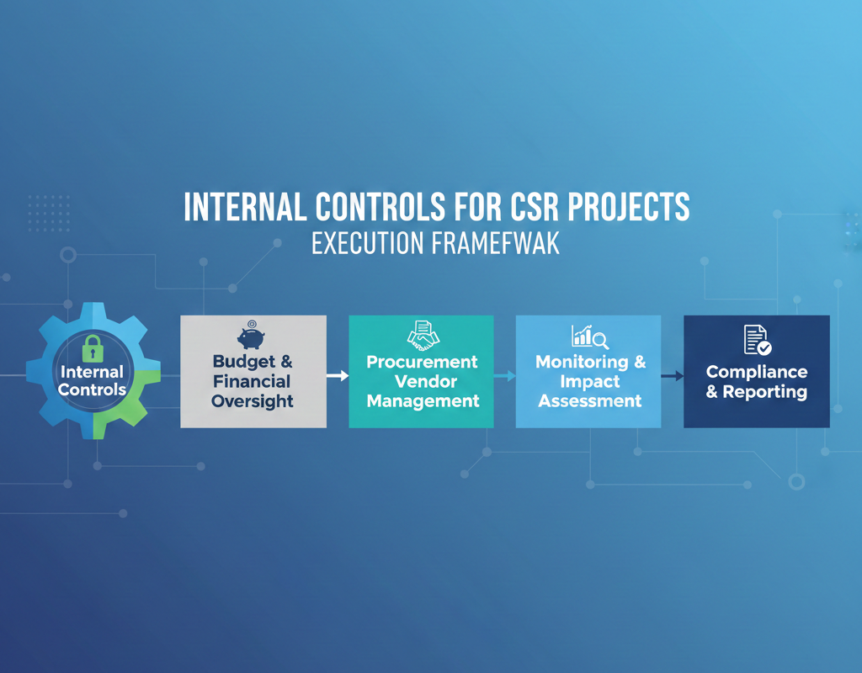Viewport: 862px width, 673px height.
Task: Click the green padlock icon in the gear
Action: tap(93, 349)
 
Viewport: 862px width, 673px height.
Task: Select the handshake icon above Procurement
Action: tap(423, 336)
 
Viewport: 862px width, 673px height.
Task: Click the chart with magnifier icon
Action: tap(590, 336)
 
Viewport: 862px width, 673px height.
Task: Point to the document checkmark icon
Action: tap(758, 340)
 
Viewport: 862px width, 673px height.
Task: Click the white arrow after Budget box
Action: tap(338, 376)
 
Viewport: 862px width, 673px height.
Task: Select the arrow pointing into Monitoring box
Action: tap(505, 376)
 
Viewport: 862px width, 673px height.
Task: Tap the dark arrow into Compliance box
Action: tap(673, 376)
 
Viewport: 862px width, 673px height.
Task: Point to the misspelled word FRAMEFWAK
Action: tap(496, 243)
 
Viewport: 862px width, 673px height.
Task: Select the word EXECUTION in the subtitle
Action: tap(368, 243)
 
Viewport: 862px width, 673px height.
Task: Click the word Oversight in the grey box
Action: tap(253, 401)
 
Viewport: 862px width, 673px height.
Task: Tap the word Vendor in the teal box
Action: tap(426, 381)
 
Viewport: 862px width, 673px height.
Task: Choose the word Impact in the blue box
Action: tap(590, 381)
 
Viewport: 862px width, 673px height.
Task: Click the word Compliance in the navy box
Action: tap(757, 372)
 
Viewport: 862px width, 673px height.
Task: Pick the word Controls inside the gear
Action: tap(93, 389)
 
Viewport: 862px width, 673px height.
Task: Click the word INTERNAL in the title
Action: tap(245, 207)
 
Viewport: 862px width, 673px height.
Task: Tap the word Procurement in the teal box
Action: tap(423, 362)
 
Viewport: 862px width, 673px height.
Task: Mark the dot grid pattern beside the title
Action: tap(49, 213)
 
